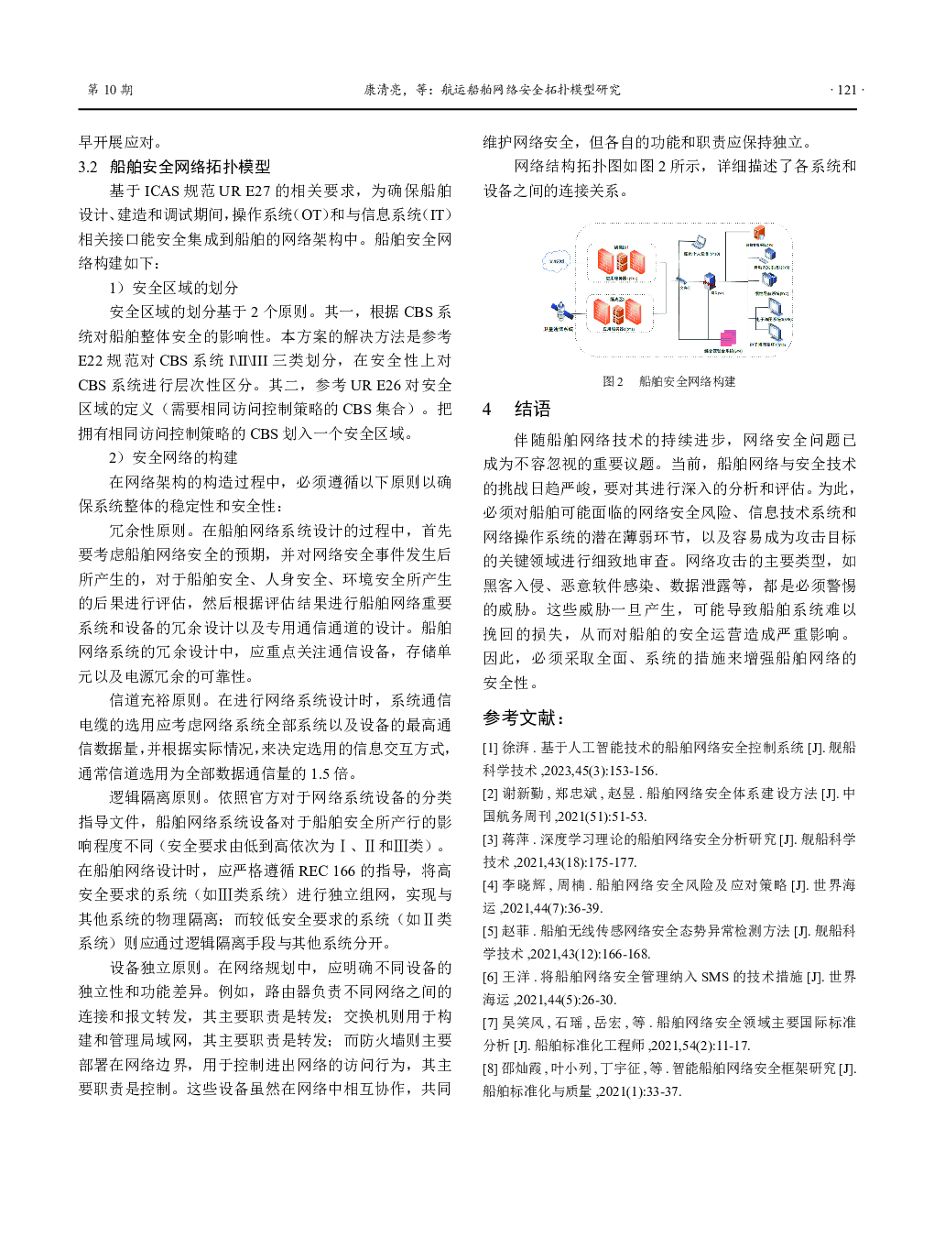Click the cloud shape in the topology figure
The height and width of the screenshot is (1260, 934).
click(556, 261)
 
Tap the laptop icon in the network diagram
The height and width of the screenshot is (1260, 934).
click(698, 243)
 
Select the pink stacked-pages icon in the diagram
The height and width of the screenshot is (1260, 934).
click(728, 338)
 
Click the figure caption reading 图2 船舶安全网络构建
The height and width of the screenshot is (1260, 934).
click(668, 381)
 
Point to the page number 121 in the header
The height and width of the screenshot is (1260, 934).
click(846, 90)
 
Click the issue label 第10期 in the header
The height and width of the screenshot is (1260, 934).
click(110, 90)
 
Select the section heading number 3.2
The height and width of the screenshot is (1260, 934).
click(88, 167)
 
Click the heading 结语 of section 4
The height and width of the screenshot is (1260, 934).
click(532, 409)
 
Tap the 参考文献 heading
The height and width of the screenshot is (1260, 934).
click(524, 718)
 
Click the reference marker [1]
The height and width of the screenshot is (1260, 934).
click(491, 748)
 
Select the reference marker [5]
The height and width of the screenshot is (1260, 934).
click(491, 931)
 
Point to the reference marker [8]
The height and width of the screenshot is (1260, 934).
click(491, 1068)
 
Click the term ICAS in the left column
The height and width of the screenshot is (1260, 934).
click(161, 191)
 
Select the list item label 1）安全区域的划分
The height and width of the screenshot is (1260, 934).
click(174, 288)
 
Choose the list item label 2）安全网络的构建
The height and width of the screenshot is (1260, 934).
click(174, 457)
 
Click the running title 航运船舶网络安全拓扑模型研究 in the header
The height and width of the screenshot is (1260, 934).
click(531, 90)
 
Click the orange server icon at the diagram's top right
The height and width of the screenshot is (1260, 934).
click(759, 234)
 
